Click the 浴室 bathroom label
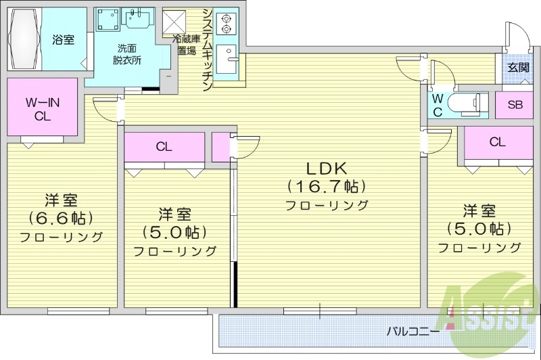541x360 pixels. tap(64, 39)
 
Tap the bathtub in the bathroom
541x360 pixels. tap(26, 39)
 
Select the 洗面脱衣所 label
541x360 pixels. tap(126, 53)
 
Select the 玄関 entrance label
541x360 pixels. tap(519, 67)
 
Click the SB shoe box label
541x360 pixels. tap(515, 104)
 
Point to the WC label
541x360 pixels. tap(438, 105)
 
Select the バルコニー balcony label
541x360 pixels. tap(413, 332)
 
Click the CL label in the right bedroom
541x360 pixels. tap(498, 142)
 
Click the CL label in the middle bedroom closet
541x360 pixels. tap(164, 146)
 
